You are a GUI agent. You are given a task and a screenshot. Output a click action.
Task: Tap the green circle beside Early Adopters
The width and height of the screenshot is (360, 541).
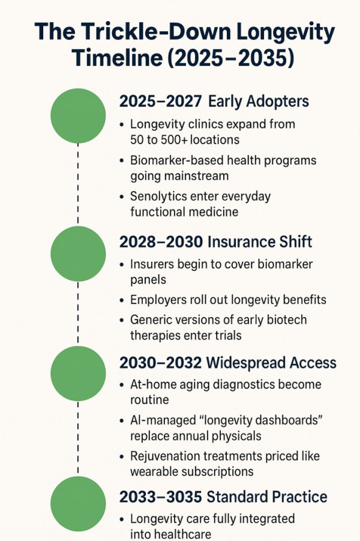(78, 116)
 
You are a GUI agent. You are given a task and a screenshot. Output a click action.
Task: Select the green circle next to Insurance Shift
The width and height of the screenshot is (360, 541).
(78, 253)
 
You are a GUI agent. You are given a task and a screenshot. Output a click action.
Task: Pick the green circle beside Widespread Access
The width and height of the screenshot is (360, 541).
(78, 374)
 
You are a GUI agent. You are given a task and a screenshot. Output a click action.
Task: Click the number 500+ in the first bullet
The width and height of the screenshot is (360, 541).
(178, 140)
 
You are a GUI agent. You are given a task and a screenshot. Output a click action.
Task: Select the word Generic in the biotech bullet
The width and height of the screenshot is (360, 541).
(150, 319)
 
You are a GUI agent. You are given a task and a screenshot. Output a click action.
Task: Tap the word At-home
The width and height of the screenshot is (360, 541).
(154, 384)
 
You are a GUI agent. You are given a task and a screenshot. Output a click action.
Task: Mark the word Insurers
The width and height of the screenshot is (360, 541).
(151, 264)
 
